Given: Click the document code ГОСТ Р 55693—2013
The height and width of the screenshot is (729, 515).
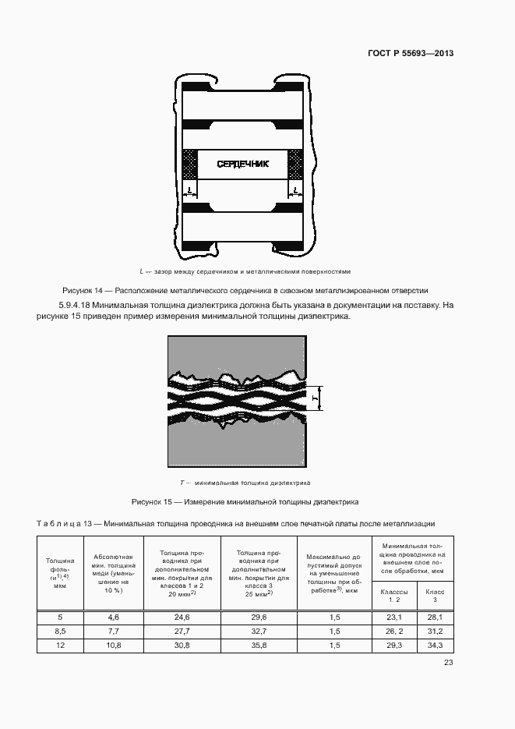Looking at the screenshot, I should click(410, 53).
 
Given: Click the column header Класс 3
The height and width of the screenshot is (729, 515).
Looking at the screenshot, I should click(435, 596).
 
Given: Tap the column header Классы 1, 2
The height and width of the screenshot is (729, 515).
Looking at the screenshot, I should click(393, 596).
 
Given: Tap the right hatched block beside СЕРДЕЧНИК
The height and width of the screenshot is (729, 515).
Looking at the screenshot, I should click(295, 165).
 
